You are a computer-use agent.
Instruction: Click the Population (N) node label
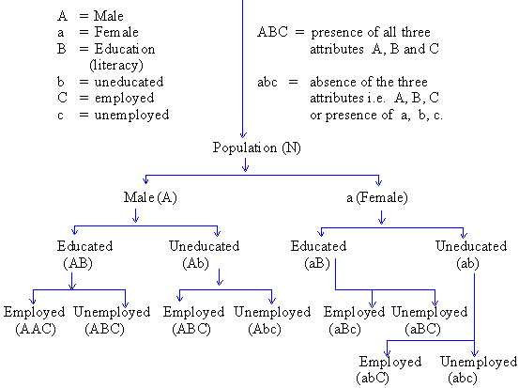tap(256, 147)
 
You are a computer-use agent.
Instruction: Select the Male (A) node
tap(150, 197)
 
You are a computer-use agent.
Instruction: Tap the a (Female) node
tap(377, 198)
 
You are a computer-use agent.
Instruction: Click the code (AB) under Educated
tap(78, 263)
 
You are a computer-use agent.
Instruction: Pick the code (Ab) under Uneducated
tap(195, 263)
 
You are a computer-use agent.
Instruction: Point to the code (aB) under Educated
tap(317, 263)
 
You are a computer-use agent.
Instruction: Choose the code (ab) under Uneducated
tap(467, 264)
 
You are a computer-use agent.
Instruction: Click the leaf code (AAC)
tap(36, 329)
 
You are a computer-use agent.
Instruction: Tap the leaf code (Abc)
tap(265, 329)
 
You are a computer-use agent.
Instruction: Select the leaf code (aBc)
tap(344, 330)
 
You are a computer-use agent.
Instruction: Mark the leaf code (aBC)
tap(422, 330)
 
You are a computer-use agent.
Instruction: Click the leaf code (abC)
tap(373, 378)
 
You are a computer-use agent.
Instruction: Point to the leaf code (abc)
tap(463, 378)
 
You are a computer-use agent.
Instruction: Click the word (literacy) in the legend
tap(116, 65)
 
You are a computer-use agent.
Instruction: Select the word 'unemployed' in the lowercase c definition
tap(131, 116)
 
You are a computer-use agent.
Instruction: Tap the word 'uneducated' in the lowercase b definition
tap(129, 82)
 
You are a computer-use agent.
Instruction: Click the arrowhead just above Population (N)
tap(243, 135)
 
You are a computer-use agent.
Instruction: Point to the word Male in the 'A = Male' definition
tap(109, 16)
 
